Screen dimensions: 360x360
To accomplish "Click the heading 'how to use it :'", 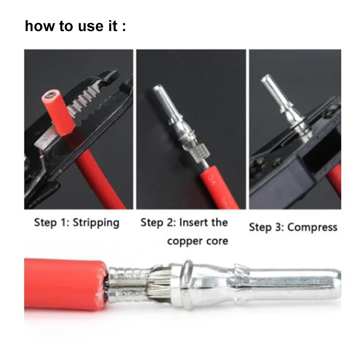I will point(75,26).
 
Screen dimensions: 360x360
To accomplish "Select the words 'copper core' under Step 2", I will point(197,241).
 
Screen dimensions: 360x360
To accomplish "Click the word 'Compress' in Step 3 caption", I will point(312,227).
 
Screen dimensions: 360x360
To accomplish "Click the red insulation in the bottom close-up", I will point(63,283).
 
